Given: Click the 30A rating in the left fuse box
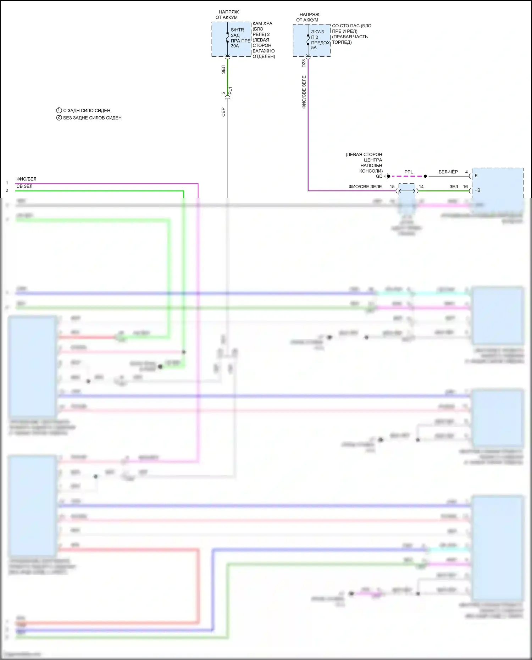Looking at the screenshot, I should (x=235, y=46).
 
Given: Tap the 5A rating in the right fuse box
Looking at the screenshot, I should (x=314, y=48).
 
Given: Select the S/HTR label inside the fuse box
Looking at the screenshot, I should (x=237, y=30).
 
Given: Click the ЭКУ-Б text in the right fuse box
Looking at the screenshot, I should (x=317, y=32).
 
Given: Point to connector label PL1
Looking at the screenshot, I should (x=231, y=90).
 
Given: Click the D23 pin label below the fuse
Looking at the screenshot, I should (x=304, y=63).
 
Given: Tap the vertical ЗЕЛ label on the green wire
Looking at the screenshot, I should (x=223, y=70).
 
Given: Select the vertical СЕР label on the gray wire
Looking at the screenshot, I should (x=223, y=112).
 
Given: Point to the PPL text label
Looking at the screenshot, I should (x=409, y=172).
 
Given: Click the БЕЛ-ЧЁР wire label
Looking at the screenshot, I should (x=448, y=172).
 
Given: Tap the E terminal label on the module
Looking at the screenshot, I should (x=476, y=176).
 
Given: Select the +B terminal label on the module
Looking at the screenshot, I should (x=477, y=190).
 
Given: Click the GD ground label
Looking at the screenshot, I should (x=379, y=176).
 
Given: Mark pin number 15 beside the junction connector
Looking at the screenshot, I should (x=392, y=187).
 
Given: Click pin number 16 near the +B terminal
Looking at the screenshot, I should (x=465, y=187).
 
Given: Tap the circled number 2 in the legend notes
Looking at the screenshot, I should (x=59, y=117).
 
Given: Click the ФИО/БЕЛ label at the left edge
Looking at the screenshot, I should (x=26, y=179).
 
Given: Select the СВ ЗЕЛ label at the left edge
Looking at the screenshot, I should (x=24, y=186).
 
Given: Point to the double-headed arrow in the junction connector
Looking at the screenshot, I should (x=407, y=191).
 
